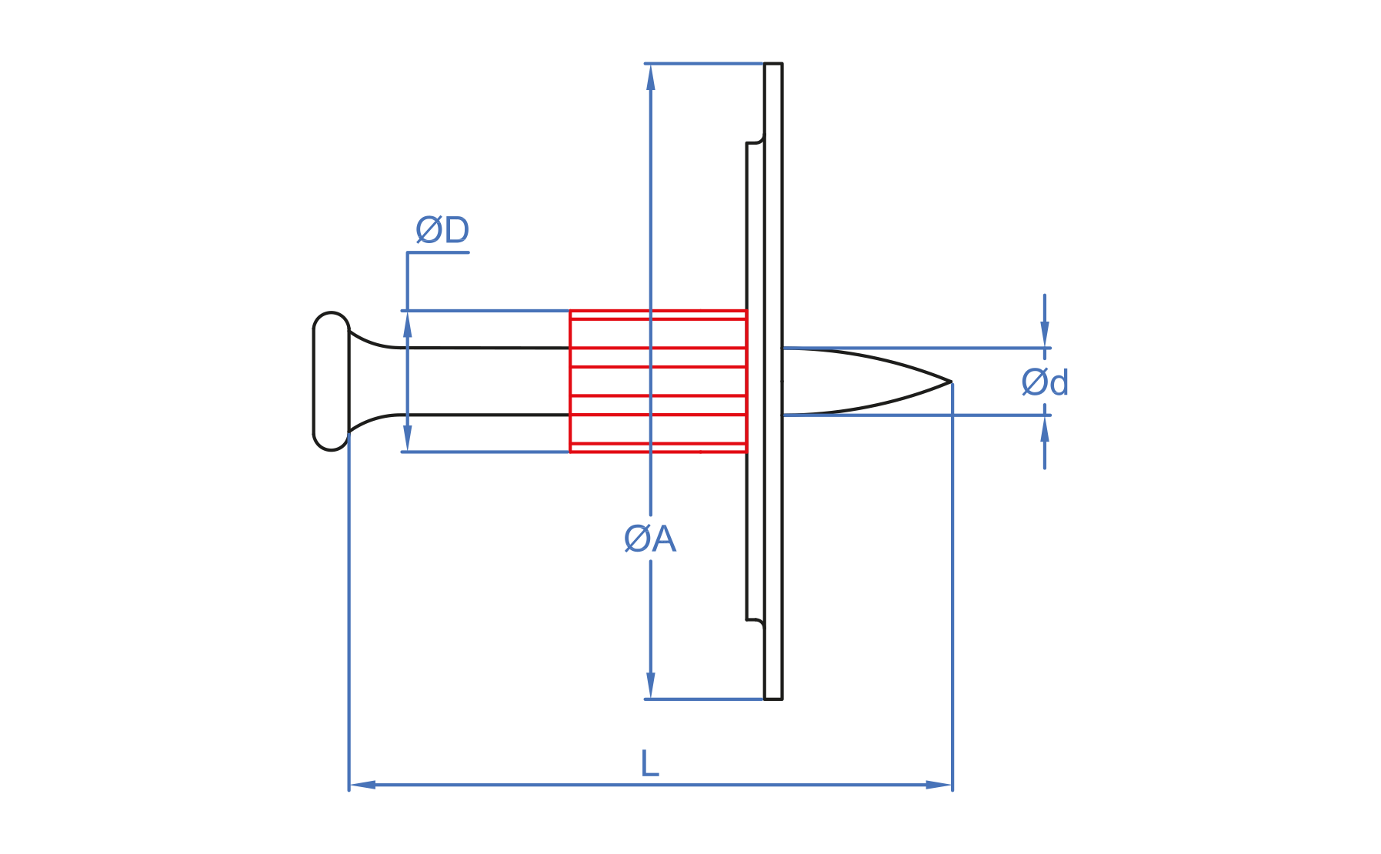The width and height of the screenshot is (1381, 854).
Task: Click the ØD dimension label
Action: point(442,230)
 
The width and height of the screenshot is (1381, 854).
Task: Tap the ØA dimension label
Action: point(650,539)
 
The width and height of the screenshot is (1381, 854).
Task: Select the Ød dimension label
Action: point(1045,382)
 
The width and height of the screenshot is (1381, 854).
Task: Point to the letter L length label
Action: point(650,764)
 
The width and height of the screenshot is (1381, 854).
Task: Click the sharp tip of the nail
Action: point(950,382)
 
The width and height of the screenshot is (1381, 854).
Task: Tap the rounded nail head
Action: point(331,382)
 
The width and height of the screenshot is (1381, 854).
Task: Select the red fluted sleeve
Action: point(658,382)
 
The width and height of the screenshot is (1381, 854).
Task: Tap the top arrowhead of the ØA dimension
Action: point(651,77)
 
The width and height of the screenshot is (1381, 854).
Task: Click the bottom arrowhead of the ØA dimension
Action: point(651,686)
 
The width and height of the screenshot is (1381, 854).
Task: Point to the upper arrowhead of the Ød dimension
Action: point(1045,335)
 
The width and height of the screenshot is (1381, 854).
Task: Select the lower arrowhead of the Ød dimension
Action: point(1045,429)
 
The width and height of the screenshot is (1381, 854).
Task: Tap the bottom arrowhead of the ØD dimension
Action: point(408,439)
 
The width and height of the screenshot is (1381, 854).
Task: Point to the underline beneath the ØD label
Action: point(439,252)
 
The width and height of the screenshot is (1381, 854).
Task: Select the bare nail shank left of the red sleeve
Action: point(485,382)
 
